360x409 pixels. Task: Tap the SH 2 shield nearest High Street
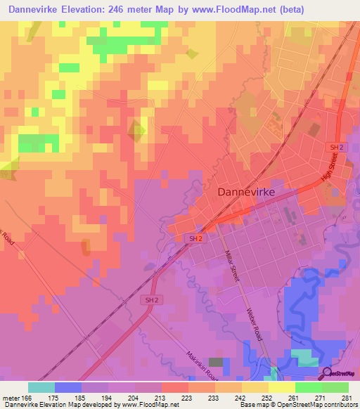tap(337, 146)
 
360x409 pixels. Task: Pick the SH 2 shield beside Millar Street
tap(196, 239)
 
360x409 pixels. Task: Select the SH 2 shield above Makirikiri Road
tap(150, 300)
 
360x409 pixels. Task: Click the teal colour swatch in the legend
tap(41, 387)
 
